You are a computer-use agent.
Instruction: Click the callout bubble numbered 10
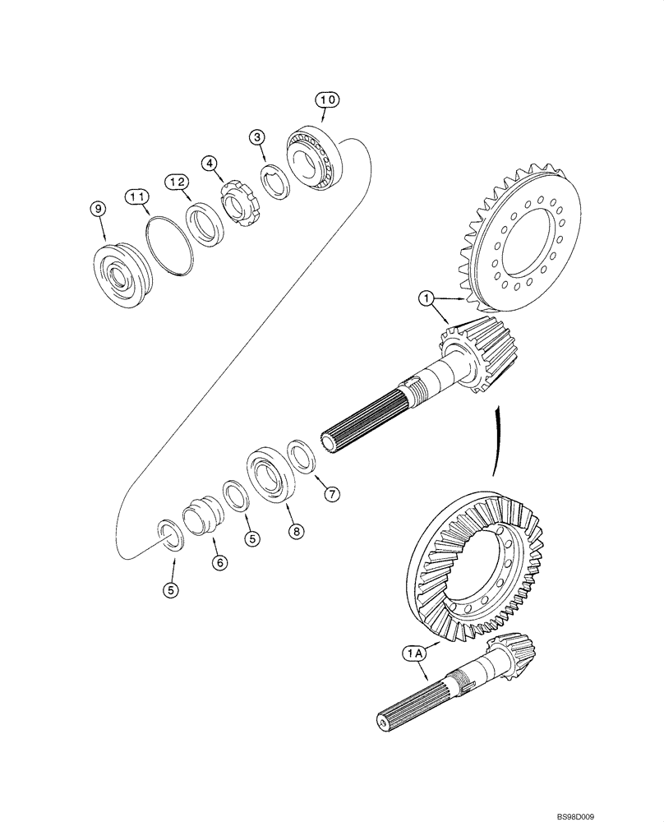[x=328, y=99]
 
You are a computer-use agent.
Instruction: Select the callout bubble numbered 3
[x=257, y=137]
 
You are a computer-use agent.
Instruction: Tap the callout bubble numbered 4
[x=211, y=164]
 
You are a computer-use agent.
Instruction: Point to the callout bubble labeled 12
[x=177, y=181]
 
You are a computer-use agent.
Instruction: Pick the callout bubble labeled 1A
[x=413, y=653]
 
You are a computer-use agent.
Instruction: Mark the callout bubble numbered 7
[x=331, y=494]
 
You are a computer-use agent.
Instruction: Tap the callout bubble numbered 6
[x=219, y=562]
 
